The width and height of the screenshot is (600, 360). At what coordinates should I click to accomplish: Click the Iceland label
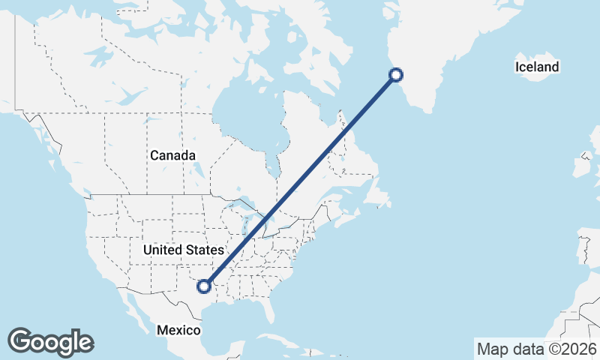pyautogui.click(x=537, y=67)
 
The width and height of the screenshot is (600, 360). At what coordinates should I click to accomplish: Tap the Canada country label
pyautogui.click(x=172, y=155)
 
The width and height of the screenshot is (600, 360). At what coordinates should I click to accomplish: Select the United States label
pyautogui.click(x=183, y=250)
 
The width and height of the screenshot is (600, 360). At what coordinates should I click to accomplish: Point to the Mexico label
pyautogui.click(x=178, y=330)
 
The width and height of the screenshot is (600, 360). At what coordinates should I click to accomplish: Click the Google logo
pyautogui.click(x=50, y=341)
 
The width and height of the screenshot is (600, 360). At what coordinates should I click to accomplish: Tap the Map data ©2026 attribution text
pyautogui.click(x=537, y=349)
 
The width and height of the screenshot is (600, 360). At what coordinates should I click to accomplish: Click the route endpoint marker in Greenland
pyautogui.click(x=397, y=74)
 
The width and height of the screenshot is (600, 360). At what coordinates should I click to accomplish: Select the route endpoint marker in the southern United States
pyautogui.click(x=202, y=285)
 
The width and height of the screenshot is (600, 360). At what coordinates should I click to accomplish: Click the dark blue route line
pyautogui.click(x=300, y=180)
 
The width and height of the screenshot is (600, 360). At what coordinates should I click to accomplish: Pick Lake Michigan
pyautogui.click(x=247, y=225)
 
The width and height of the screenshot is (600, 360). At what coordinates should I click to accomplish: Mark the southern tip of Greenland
pyautogui.click(x=428, y=111)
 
